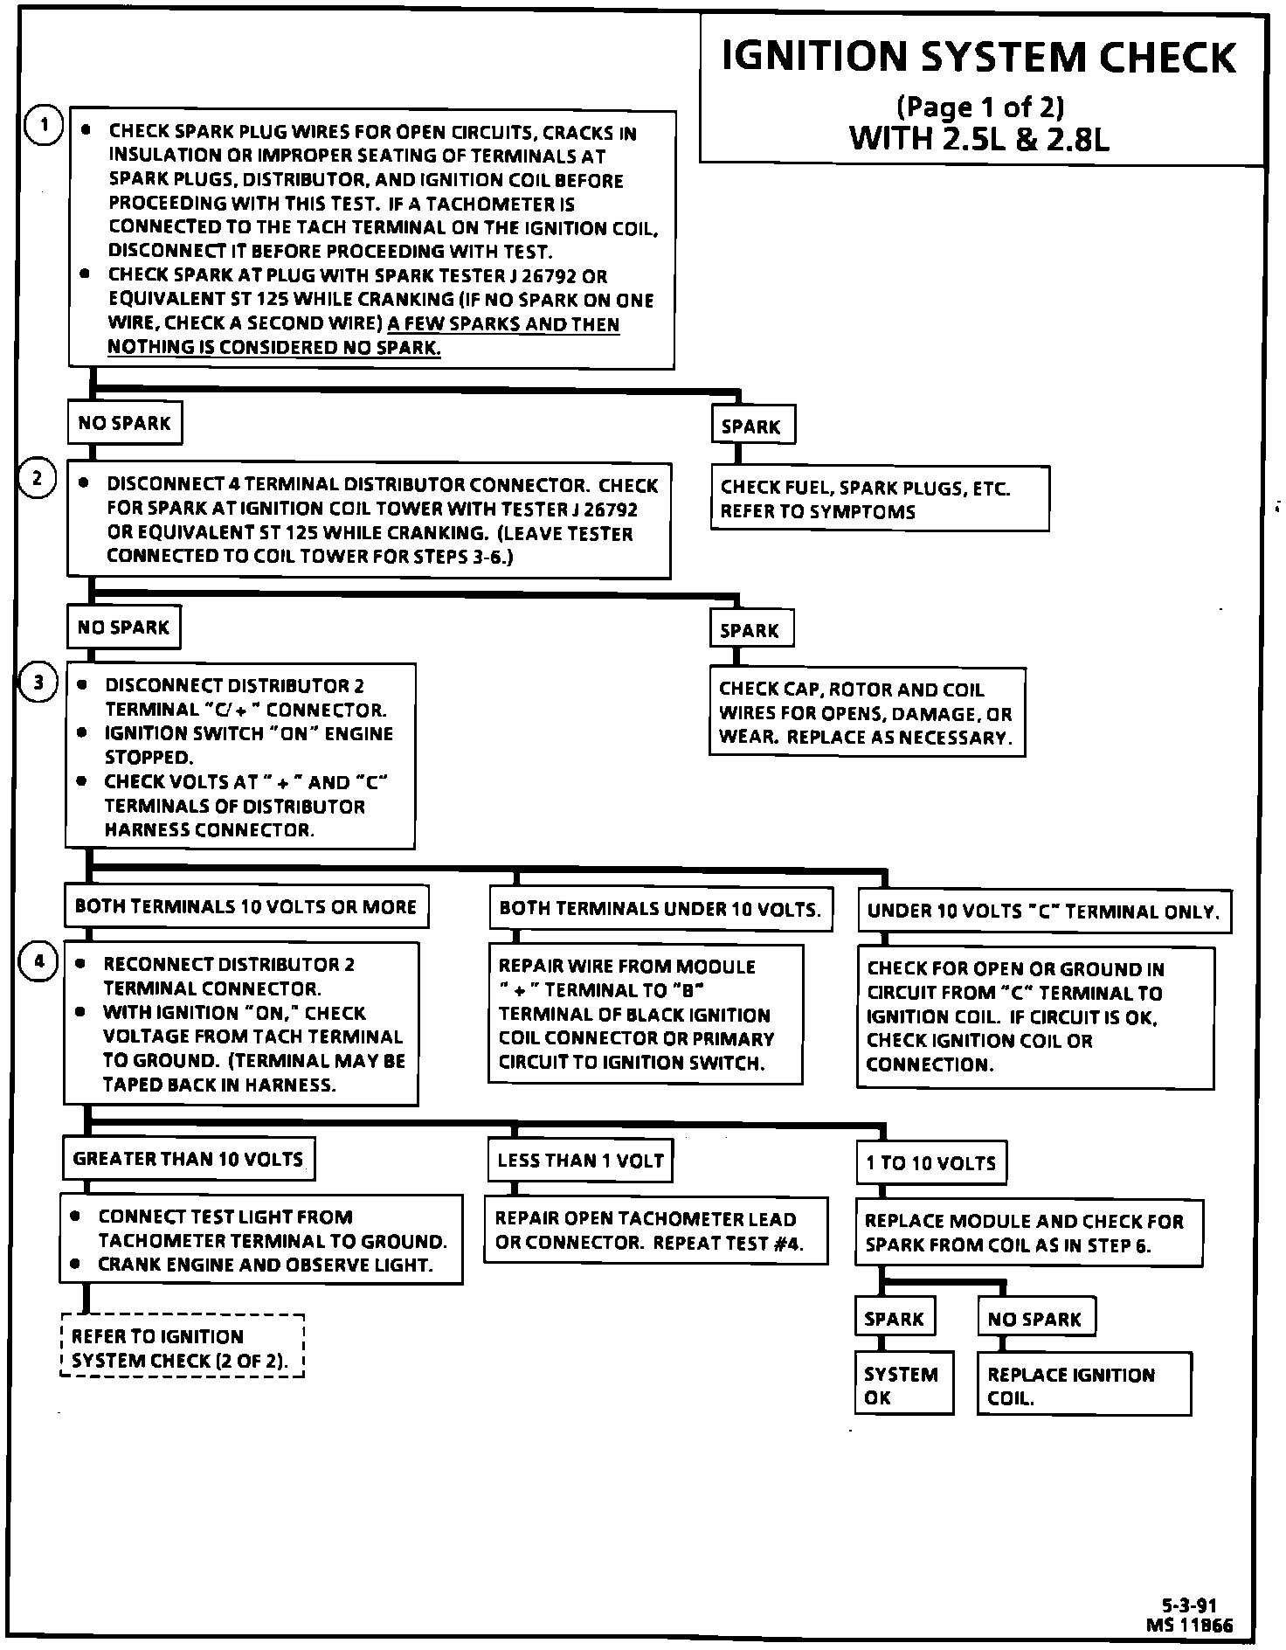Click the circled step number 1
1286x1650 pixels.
(41, 126)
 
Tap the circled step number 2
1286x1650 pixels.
(38, 479)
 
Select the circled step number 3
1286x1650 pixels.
(38, 683)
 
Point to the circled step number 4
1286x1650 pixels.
(38, 961)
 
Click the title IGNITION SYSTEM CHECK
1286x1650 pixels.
(979, 57)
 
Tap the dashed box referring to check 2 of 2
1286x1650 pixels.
(183, 1348)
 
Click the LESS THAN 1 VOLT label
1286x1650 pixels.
(580, 1161)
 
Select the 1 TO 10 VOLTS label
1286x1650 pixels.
(930, 1163)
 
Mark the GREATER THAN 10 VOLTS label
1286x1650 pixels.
(188, 1160)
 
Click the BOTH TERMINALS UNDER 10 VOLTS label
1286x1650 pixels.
(660, 909)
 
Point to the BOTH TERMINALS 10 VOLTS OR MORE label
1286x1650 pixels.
(245, 906)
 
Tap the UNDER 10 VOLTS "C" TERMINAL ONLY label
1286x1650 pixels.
(1043, 912)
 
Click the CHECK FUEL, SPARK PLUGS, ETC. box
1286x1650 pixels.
(879, 499)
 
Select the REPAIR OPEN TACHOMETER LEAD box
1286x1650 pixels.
(655, 1231)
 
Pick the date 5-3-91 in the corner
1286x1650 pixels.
(1189, 1605)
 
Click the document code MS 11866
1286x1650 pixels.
(1190, 1625)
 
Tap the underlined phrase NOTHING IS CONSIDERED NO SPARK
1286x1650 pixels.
(274, 348)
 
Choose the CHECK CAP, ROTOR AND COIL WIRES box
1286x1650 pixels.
(866, 713)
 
